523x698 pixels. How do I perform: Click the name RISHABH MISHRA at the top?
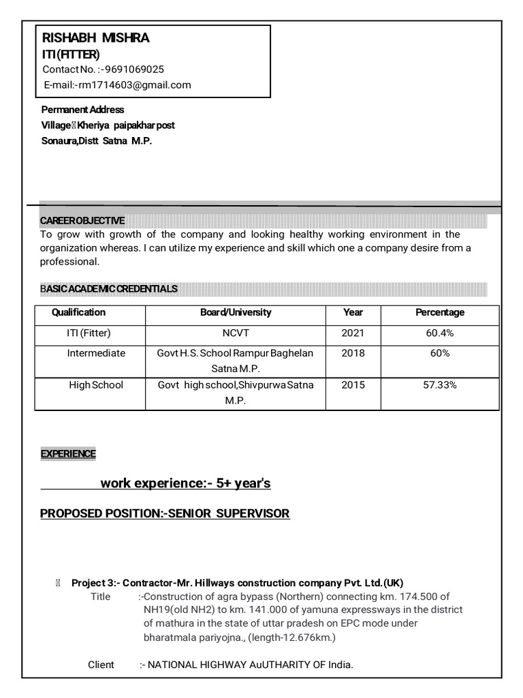coord(95,38)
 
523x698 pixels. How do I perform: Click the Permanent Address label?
coord(82,110)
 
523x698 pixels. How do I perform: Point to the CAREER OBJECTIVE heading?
coord(82,221)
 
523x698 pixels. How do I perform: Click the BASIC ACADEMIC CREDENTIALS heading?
coord(109,289)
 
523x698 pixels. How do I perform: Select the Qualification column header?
coord(79,312)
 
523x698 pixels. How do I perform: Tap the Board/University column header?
coord(236,312)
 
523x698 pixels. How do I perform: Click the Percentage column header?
coord(440,312)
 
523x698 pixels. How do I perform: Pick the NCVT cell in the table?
coord(236,333)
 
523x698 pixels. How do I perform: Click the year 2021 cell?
coord(353,333)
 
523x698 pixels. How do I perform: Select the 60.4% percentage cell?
coord(440,333)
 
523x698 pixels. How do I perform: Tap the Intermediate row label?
coord(96,353)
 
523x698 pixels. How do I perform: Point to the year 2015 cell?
coord(353,385)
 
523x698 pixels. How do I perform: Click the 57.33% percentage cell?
coord(440,385)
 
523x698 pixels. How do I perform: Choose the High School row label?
coord(96,385)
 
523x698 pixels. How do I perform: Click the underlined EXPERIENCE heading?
coord(68,454)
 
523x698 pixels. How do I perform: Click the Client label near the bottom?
coord(101,665)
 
